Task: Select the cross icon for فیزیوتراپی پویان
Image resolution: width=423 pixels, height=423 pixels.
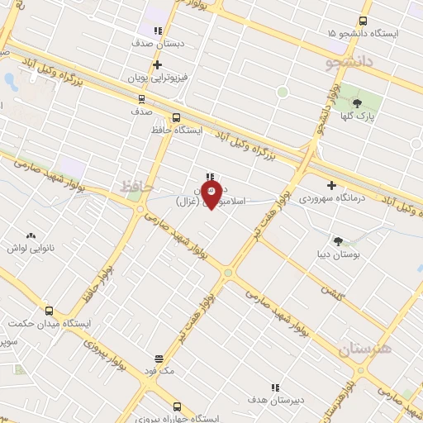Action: coord(157,64)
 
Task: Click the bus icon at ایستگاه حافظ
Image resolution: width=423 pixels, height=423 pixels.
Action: coord(176,117)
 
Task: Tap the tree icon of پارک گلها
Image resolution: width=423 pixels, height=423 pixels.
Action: coord(358,103)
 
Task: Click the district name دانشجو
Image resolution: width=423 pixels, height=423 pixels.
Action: coord(349,60)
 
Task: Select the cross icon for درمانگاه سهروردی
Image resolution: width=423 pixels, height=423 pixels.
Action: coord(332,186)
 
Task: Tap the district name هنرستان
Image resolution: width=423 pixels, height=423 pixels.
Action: coord(365,349)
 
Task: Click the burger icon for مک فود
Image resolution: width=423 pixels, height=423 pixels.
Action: coord(158,359)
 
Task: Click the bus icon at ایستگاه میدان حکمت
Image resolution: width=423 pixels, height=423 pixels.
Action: coord(50,311)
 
